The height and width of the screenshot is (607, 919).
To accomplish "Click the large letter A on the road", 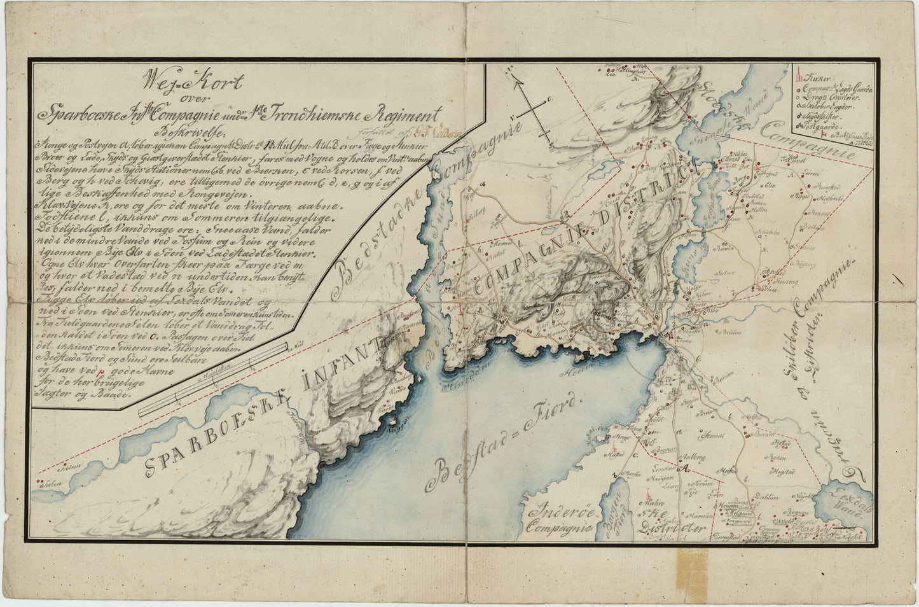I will [x=685, y=470].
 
